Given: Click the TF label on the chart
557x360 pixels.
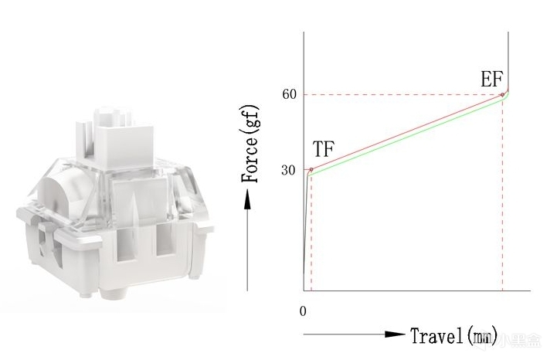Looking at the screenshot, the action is coord(324,149).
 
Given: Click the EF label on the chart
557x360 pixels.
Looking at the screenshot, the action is coord(492,79).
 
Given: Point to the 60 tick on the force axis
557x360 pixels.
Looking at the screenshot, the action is coord(289,94).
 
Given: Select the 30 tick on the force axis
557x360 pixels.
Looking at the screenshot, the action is coord(288,170).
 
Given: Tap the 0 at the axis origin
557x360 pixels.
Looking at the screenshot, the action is coord(303,311).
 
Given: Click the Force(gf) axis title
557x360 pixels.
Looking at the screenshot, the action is coord(250,144).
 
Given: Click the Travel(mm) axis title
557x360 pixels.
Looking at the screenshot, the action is coord(454,335).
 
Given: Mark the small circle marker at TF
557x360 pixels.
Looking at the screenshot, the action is coord(311,170).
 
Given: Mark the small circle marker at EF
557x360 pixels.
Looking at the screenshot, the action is coord(502,94).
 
